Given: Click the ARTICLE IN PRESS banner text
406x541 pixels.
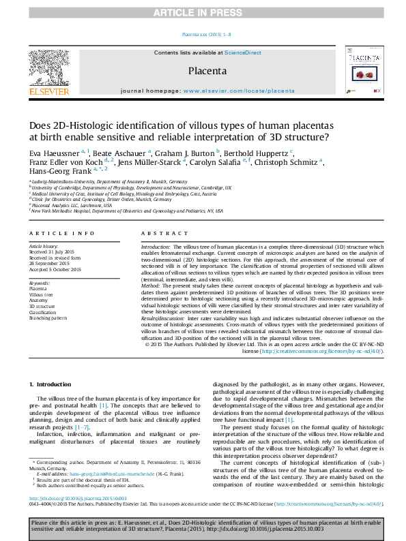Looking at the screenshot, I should pos(203,13).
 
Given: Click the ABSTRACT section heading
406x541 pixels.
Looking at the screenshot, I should pos(163,233).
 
